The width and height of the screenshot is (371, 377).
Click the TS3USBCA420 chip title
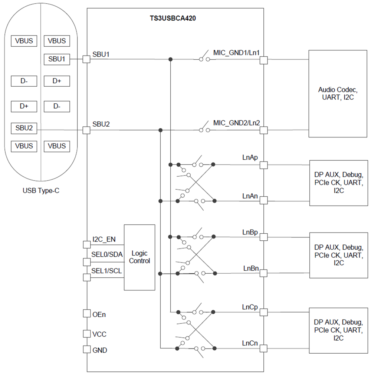(170, 17)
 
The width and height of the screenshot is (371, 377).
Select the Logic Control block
(139, 257)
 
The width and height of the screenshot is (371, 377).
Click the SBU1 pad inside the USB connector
(57, 59)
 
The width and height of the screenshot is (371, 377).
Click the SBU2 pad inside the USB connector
(24, 128)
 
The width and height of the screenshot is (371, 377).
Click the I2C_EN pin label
(104, 239)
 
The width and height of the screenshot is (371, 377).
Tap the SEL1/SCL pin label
(106, 271)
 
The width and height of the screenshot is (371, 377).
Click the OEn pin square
(86, 314)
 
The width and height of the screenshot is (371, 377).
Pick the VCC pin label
(99, 334)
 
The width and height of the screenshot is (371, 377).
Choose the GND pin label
(99, 350)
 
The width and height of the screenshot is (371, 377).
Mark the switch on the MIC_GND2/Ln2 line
(204, 130)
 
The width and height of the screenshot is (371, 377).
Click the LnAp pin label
(250, 158)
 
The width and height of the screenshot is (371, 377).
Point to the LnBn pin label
(251, 268)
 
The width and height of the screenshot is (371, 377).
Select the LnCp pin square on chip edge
(263, 312)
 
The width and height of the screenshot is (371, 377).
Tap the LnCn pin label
(250, 343)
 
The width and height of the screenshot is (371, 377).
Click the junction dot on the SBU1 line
(170, 59)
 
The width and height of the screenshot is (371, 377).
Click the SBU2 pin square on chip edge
(86, 130)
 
